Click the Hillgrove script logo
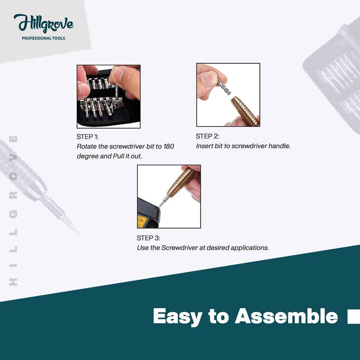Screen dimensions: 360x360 coord(43,24)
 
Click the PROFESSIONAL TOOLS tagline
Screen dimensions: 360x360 coord(43,38)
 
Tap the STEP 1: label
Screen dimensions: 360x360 coord(87,137)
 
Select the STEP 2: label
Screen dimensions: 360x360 coord(207,136)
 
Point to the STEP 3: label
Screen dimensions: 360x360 coord(148,238)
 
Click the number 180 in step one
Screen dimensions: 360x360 coord(169,147)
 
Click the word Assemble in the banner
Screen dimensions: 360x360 coord(286,316)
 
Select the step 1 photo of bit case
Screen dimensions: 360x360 coord(108,97)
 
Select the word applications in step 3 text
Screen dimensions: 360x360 coord(249,248)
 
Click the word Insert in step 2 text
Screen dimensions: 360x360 coord(204,146)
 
